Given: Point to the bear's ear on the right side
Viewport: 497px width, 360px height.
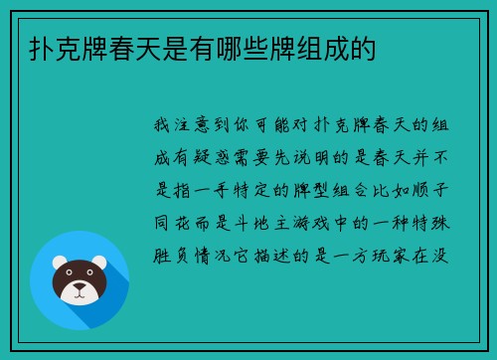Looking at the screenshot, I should pos(100,263).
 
